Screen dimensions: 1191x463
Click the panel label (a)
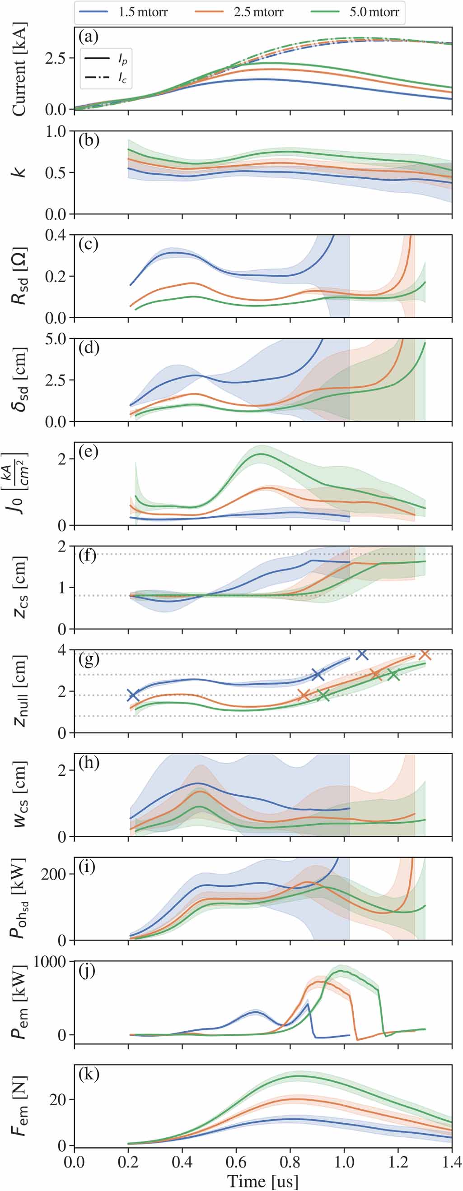[x=89, y=36]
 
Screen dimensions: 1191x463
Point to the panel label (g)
[x=89, y=659]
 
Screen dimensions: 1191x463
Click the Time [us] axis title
[x=263, y=1181]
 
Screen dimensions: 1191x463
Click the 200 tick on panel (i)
[x=54, y=874]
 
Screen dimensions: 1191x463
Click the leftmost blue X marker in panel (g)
[x=133, y=695]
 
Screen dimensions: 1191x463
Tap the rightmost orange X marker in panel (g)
[x=425, y=654]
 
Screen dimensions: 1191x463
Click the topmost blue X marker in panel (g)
[x=362, y=654]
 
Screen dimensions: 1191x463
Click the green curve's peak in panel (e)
[x=262, y=454]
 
